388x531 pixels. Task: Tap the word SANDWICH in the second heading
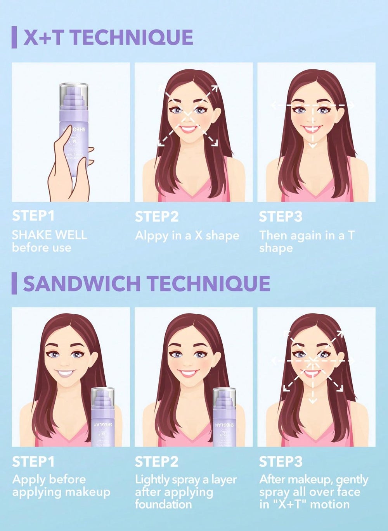click(81, 283)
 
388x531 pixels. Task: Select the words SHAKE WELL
click(49, 235)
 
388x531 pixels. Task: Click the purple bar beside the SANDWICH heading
click(14, 283)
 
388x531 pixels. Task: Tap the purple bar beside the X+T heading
click(14, 37)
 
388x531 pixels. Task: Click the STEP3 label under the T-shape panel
click(280, 216)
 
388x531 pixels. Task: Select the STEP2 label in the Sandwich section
click(156, 462)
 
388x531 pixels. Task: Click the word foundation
click(163, 504)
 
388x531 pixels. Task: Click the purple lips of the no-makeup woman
click(65, 374)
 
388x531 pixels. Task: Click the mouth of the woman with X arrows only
click(188, 128)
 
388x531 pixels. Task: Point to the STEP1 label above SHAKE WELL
click(33, 216)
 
